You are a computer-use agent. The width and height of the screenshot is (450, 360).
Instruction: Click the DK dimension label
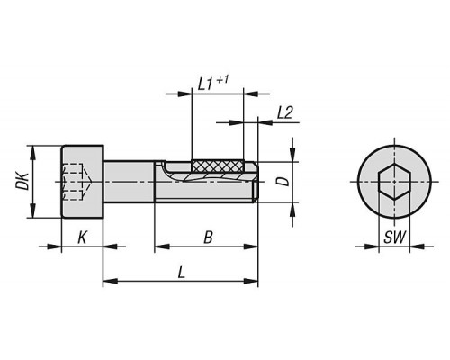[x=22, y=181]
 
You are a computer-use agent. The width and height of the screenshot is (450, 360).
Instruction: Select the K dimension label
[x=82, y=238]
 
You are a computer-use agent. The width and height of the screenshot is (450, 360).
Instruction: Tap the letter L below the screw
[x=181, y=273]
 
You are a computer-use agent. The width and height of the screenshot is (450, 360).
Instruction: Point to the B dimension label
[x=208, y=238]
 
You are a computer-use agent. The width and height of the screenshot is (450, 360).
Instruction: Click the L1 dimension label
[x=206, y=85]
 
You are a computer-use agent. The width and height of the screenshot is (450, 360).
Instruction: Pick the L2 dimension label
[x=284, y=112]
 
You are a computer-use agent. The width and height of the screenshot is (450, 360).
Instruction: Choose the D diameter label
[x=283, y=181]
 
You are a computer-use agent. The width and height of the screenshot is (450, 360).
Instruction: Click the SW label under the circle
[x=395, y=238]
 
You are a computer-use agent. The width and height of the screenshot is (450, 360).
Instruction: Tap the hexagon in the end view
[x=394, y=182]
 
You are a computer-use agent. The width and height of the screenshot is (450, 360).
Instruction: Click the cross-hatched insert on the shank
[x=218, y=166]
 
